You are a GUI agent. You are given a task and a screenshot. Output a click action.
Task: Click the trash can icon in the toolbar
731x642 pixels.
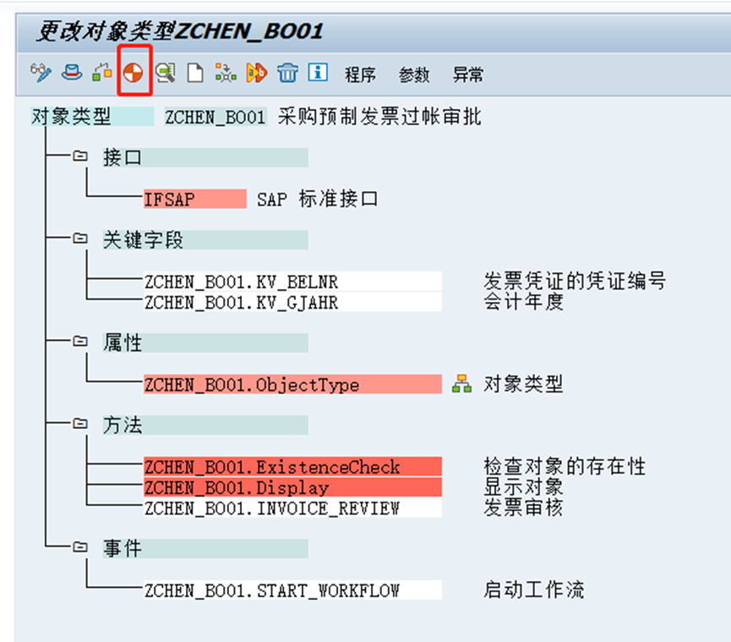[287, 74]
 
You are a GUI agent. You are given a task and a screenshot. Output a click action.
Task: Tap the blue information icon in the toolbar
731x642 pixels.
[318, 73]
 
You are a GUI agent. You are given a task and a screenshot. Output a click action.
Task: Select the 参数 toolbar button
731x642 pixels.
[414, 74]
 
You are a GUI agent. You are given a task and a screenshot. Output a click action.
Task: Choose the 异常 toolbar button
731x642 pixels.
[468, 74]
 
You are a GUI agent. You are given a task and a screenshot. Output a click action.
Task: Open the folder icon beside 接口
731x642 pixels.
[80, 156]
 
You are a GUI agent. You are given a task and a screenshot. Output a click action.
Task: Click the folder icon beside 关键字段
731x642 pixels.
[80, 239]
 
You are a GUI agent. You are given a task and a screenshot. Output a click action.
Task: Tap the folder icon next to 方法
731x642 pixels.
[80, 425]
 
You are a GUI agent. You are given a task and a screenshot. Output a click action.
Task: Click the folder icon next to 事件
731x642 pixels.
[80, 548]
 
